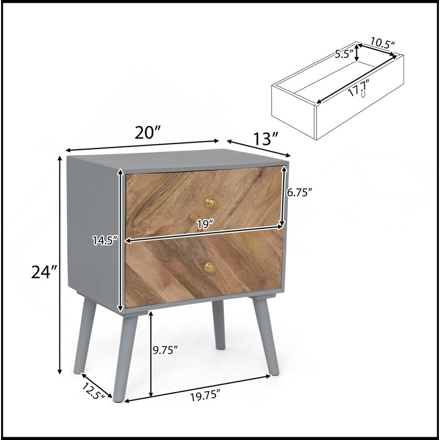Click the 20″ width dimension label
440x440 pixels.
coord(147,133)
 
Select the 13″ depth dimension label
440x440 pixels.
coord(266,139)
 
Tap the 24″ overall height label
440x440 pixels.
coord(44,272)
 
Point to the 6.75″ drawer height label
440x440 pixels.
coord(299,192)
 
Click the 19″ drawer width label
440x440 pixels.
coord(205,224)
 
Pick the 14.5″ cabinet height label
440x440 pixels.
coord(105,240)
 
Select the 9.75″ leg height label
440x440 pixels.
coord(166,350)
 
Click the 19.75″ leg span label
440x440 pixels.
coord(205,397)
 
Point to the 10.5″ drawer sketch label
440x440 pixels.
coord(383,43)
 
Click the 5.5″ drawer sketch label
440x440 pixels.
coord(344,53)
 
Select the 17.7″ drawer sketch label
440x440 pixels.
coord(358,88)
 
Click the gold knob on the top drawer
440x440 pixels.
coord(211,203)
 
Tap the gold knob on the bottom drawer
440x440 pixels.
coord(210,267)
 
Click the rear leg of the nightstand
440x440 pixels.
coord(218,324)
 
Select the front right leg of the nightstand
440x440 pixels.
coord(266,335)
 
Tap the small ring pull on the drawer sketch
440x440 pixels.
coord(364,94)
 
